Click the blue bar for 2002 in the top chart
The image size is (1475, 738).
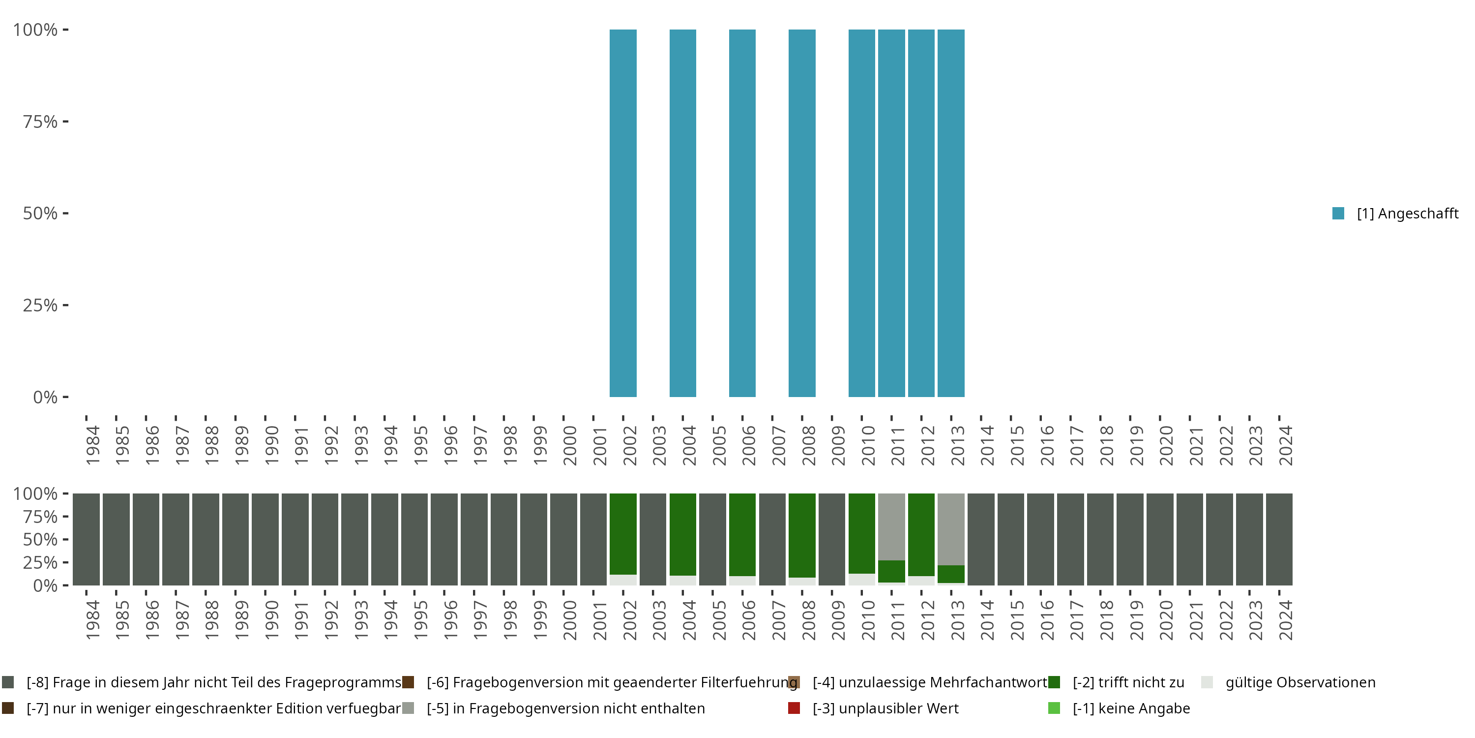click(x=623, y=213)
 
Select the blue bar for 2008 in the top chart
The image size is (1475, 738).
click(x=801, y=213)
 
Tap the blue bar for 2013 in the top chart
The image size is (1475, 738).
click(x=950, y=213)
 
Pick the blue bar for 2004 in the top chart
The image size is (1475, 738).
click(x=682, y=213)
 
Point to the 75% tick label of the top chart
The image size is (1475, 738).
click(x=40, y=122)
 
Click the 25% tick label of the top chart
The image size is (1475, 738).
click(x=40, y=306)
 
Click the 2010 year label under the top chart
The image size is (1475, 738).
click(x=868, y=445)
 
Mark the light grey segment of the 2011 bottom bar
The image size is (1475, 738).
click(x=891, y=526)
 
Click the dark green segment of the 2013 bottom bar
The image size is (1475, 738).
click(x=950, y=574)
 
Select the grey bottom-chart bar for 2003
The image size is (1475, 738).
click(x=653, y=539)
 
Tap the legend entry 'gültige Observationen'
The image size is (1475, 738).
click(x=1300, y=682)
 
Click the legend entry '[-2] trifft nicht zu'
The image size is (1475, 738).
click(x=1128, y=682)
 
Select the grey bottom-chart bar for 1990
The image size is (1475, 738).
click(x=265, y=539)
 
